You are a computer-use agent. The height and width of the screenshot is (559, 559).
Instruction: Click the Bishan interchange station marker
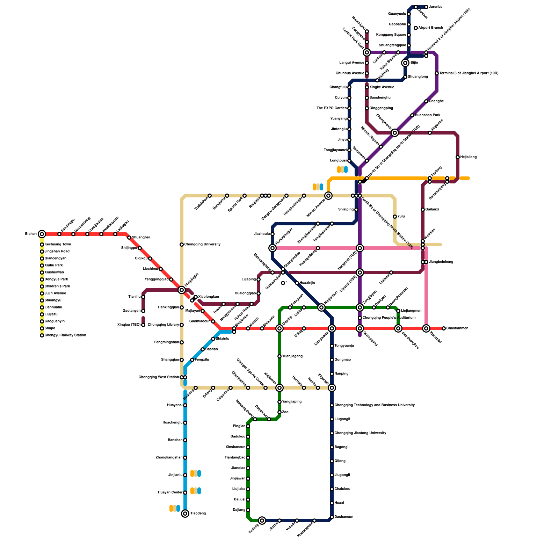(x=42, y=234)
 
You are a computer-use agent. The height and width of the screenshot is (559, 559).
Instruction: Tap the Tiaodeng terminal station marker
(x=185, y=514)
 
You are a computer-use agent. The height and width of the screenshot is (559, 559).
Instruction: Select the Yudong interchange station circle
(x=262, y=521)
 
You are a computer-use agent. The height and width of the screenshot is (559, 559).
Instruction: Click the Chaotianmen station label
(x=457, y=328)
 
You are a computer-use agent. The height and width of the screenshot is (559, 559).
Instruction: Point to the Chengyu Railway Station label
(x=65, y=335)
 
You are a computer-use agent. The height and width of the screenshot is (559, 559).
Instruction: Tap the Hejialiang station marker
(x=458, y=157)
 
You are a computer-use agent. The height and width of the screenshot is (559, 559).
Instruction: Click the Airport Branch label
(x=430, y=28)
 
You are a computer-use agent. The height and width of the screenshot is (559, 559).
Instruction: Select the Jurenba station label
(x=436, y=7)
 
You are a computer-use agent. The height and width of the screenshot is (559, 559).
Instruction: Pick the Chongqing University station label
(x=202, y=245)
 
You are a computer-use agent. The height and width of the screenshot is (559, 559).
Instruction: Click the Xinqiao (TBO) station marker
(x=143, y=325)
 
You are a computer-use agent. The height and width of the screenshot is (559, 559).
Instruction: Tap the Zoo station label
(x=285, y=412)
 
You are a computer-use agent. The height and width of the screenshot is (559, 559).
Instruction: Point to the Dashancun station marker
(x=332, y=517)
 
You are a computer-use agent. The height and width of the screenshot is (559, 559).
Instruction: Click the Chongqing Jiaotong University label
(x=360, y=433)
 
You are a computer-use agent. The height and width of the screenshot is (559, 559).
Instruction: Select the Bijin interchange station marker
(x=405, y=63)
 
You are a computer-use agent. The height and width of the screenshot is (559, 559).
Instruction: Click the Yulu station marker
(x=395, y=217)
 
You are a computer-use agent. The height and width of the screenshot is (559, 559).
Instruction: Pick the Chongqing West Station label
(x=159, y=377)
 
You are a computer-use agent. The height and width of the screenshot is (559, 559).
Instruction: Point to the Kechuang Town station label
(x=58, y=245)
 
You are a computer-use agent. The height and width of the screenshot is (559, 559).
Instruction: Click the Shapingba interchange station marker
(x=182, y=290)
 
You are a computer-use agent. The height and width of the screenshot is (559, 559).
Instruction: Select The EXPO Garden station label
(x=332, y=108)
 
